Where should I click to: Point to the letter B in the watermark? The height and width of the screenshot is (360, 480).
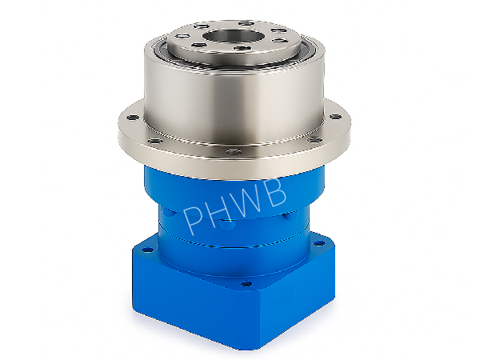[x=275, y=192]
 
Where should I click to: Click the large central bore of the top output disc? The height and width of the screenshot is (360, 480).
[x=234, y=36]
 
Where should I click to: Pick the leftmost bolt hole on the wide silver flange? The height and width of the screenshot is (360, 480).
[x=133, y=118]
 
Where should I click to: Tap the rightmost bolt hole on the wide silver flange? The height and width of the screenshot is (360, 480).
[x=335, y=116]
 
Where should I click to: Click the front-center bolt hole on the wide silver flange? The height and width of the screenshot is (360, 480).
[x=234, y=151]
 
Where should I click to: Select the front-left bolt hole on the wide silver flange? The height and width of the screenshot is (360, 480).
[x=155, y=141]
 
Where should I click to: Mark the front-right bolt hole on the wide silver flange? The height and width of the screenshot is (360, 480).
[x=314, y=140]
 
